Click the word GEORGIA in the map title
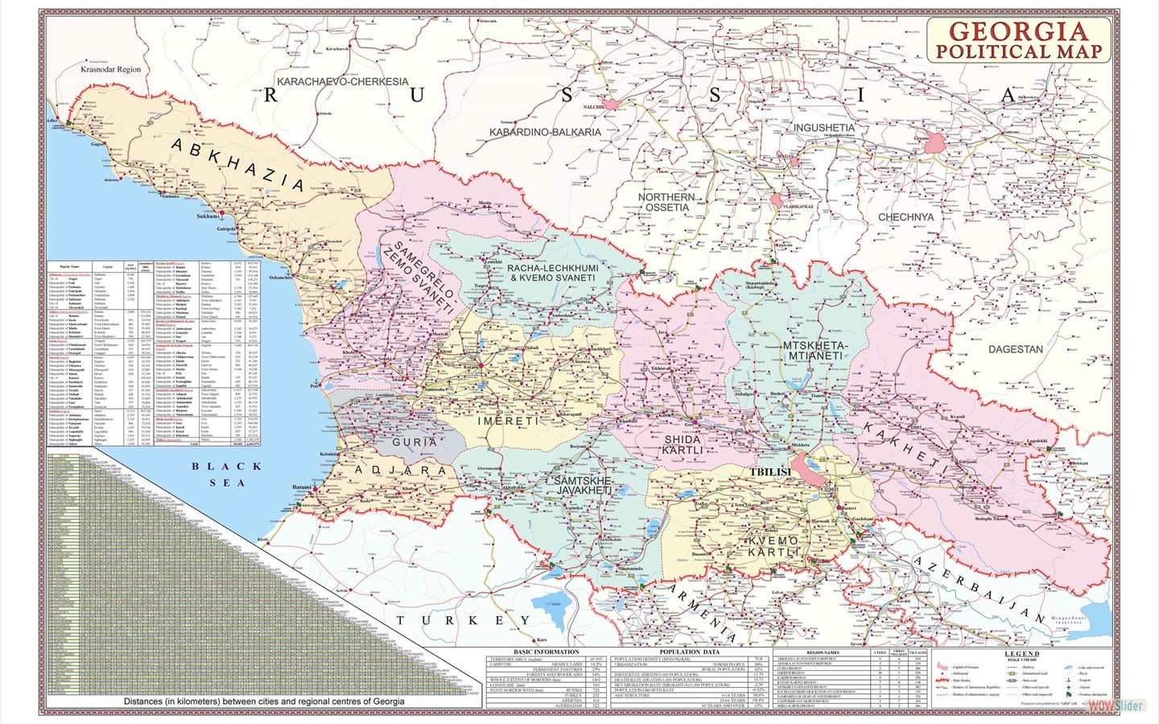(1018, 31)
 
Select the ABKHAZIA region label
(238, 165)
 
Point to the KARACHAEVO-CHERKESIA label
(342, 81)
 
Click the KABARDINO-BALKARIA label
(545, 131)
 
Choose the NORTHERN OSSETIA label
(666, 202)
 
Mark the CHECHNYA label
(905, 217)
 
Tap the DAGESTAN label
(1015, 349)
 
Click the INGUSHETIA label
(824, 127)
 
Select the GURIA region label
(415, 442)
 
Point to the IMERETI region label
(507, 421)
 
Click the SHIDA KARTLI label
(683, 445)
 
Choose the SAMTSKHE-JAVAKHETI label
(584, 485)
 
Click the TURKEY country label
(464, 620)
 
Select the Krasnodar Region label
(110, 69)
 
